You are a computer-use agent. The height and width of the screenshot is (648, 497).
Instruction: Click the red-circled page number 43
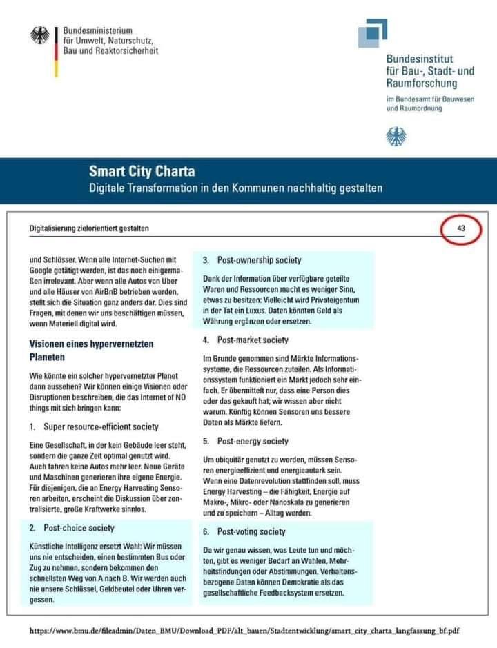tap(461, 228)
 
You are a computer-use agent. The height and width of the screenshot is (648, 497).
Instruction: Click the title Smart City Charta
tap(142, 171)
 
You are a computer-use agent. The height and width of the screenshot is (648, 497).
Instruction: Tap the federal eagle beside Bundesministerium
tap(40, 36)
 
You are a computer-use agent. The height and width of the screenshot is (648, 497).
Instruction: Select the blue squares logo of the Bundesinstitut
tap(372, 32)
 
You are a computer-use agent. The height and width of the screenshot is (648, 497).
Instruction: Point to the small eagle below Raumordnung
tap(396, 136)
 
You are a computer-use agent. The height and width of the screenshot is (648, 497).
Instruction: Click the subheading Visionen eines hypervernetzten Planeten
tap(91, 351)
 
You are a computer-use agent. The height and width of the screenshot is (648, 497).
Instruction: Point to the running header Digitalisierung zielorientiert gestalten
tap(89, 228)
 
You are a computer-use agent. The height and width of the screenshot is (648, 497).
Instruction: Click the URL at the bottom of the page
tap(245, 631)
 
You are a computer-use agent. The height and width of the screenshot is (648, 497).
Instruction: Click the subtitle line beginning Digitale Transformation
tap(235, 188)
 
